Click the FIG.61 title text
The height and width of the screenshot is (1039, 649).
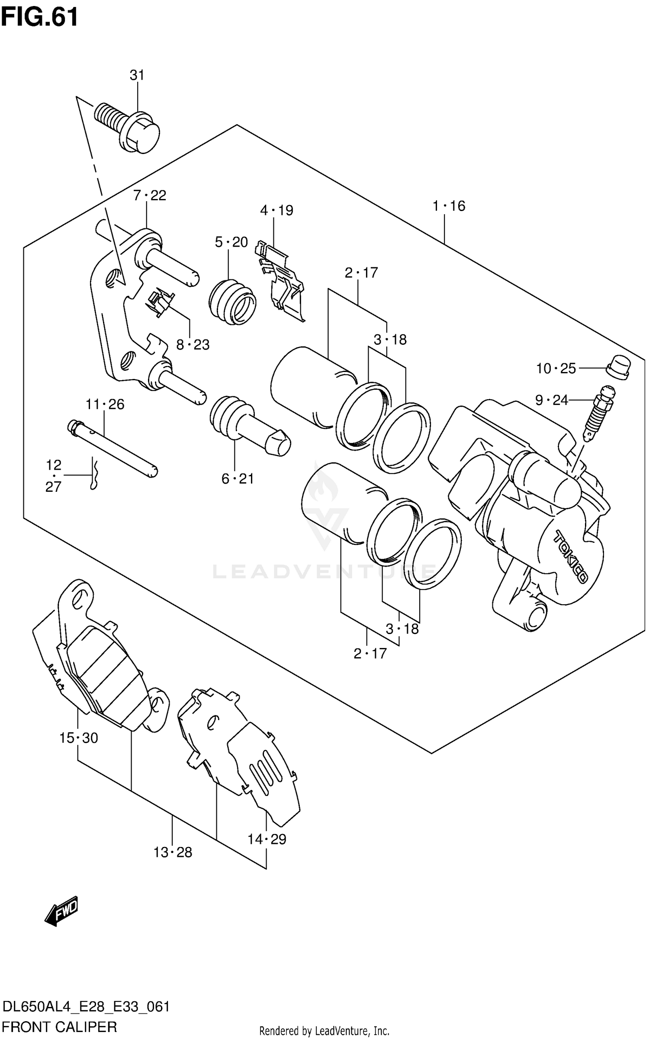(x=40, y=18)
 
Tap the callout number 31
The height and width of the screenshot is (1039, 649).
(x=137, y=75)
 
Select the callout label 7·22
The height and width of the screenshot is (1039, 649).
(x=150, y=196)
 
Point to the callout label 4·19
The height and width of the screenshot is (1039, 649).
(x=276, y=211)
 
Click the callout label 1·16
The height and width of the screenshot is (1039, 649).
(x=449, y=206)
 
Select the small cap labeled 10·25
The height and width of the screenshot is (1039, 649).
(x=619, y=367)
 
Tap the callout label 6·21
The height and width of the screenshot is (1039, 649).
(x=238, y=479)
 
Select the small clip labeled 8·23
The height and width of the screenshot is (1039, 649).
(x=160, y=303)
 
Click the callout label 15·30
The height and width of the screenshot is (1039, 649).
(x=78, y=738)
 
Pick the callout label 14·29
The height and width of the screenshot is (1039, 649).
(x=267, y=839)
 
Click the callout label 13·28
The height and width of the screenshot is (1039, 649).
(x=172, y=852)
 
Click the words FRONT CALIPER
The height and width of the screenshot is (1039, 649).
(x=59, y=1026)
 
